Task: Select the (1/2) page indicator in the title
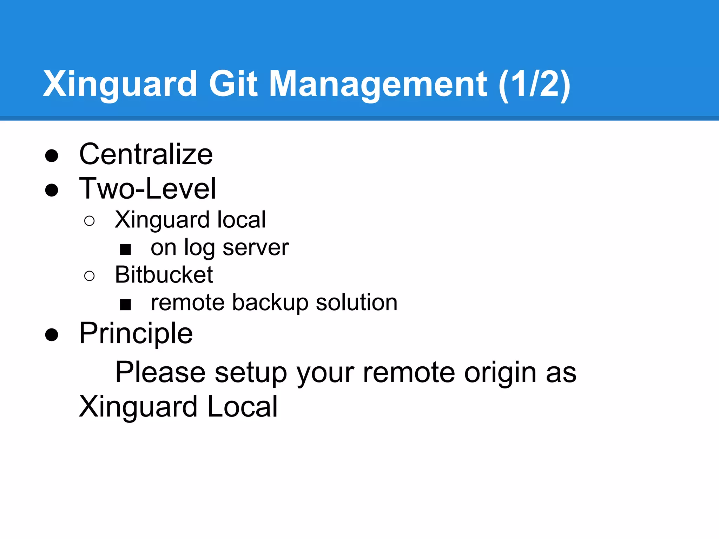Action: [534, 84]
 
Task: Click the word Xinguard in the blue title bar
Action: [120, 84]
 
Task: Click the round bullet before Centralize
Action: [52, 155]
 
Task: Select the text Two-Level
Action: [147, 189]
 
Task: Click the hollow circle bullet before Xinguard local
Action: [90, 221]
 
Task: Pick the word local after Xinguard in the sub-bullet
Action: [241, 220]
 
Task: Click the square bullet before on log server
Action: [125, 249]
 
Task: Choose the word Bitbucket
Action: [164, 274]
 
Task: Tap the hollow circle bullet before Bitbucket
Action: [90, 276]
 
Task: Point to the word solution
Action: [356, 302]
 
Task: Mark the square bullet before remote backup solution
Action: [125, 304]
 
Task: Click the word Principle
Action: [136, 333]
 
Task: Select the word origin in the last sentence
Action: [500, 373]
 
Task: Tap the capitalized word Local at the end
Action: [242, 407]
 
